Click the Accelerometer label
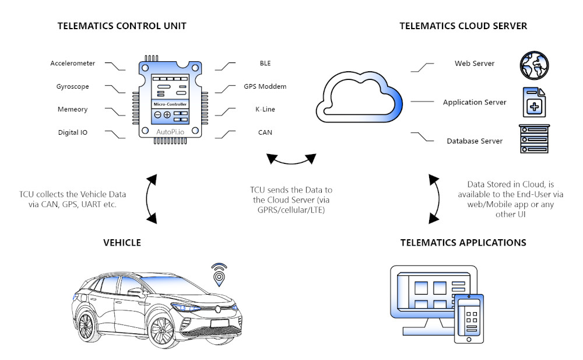coord(73,63)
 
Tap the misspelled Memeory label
coord(73,110)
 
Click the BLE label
coord(265,63)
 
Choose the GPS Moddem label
coord(265,86)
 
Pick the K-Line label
coord(265,110)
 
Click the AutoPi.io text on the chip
coord(170,132)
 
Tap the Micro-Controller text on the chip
coord(170,104)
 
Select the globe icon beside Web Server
coord(534,64)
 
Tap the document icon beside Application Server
coord(534,103)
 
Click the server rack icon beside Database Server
coord(534,139)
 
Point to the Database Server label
coord(475,141)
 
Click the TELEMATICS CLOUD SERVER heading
coord(463,26)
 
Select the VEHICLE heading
coord(122,242)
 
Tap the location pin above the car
coord(219,274)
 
